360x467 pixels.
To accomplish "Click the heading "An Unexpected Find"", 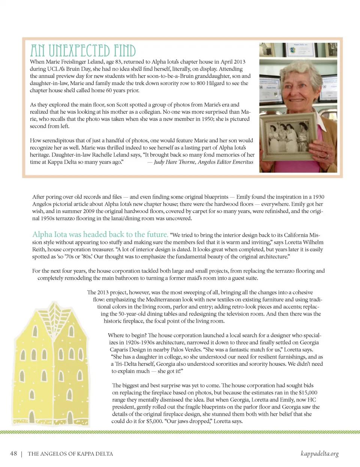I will pos(83,51).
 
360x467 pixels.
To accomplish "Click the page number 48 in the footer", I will pos(13,453).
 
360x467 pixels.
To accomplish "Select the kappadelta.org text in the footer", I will pos(319,453).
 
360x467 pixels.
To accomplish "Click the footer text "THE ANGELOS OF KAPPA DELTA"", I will pos(70,454).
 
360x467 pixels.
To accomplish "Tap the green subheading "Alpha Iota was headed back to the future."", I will pos(100,234).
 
